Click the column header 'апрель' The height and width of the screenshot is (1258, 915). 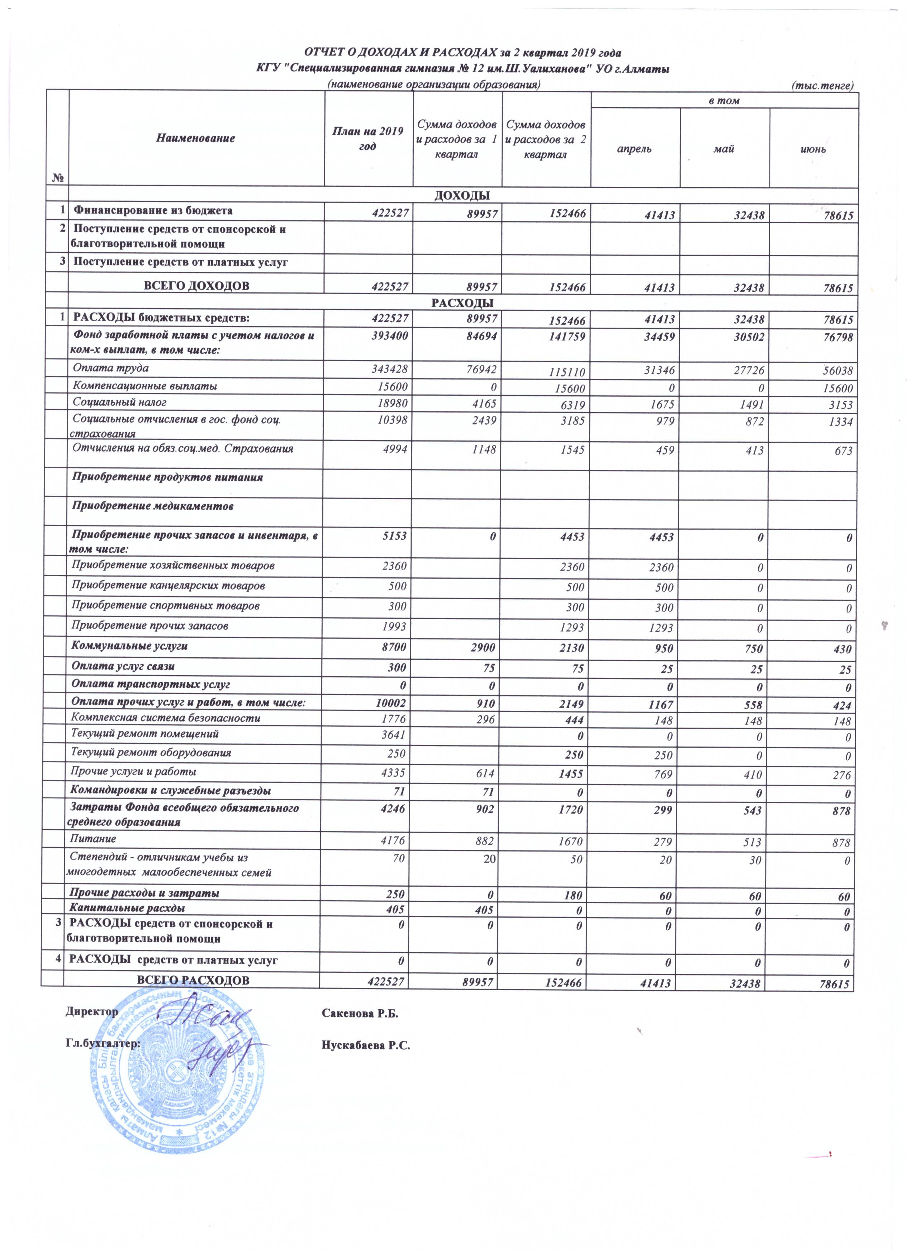point(635,150)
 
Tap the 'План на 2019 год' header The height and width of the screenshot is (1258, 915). point(368,139)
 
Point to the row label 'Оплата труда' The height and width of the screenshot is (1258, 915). point(111,368)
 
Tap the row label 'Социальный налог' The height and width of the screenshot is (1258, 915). point(120,402)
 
